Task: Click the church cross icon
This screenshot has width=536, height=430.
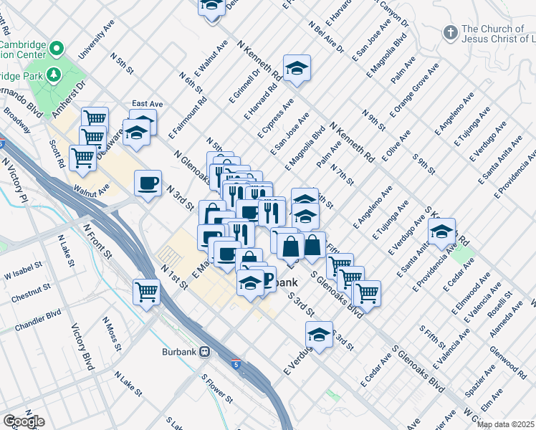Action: click(x=449, y=32)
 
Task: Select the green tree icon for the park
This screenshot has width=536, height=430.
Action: click(x=53, y=74)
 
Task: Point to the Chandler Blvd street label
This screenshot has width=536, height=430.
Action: click(x=44, y=315)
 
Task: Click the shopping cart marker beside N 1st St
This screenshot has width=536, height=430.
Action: click(x=146, y=292)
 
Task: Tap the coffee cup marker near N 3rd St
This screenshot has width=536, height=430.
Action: click(x=148, y=183)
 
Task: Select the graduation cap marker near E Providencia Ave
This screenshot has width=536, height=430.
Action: click(x=441, y=231)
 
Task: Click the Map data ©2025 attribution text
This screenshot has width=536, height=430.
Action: click(x=505, y=424)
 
